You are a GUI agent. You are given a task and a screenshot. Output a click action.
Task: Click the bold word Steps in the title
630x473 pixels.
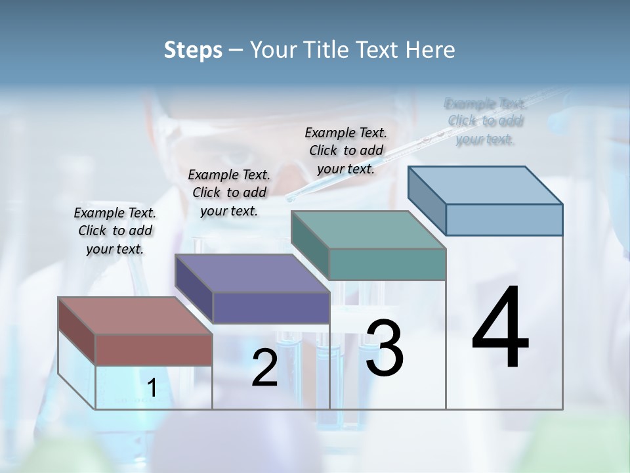pyautogui.click(x=193, y=50)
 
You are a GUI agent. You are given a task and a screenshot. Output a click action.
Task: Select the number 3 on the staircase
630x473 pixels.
pyautogui.click(x=385, y=348)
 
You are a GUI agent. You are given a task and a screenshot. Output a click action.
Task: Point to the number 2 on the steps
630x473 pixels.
pyautogui.click(x=264, y=368)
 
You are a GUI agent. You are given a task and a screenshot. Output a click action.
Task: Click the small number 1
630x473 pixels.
pyautogui.click(x=152, y=388)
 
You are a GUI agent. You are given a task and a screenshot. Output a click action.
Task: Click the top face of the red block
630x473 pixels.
pyautogui.click(x=135, y=315)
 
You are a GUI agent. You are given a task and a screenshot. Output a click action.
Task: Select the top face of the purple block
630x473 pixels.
pyautogui.click(x=251, y=273)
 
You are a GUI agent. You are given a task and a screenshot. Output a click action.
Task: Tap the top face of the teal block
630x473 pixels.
pyautogui.click(x=368, y=230)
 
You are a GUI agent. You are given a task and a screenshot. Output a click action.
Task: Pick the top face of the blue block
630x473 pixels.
pyautogui.click(x=485, y=185)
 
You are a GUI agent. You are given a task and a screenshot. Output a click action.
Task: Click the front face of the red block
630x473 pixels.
pyautogui.click(x=154, y=349)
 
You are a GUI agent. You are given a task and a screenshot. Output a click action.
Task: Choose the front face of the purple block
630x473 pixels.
pyautogui.click(x=270, y=307)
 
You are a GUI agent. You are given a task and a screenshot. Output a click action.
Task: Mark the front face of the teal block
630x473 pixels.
pyautogui.click(x=387, y=264)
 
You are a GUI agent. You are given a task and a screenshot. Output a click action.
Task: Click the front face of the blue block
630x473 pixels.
pyautogui.click(x=504, y=219)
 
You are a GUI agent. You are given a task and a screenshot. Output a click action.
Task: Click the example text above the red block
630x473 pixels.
pyautogui.click(x=115, y=231)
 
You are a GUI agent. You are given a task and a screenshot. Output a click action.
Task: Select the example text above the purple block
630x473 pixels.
pyautogui.click(x=229, y=192)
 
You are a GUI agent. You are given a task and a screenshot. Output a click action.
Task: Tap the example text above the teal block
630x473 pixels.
pyautogui.click(x=346, y=150)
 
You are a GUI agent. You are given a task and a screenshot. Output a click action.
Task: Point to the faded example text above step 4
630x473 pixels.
pyautogui.click(x=485, y=121)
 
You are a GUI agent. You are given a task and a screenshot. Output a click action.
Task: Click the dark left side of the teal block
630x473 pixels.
pyautogui.click(x=310, y=244)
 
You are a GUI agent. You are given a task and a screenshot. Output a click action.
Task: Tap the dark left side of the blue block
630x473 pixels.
pyautogui.click(x=427, y=200)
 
